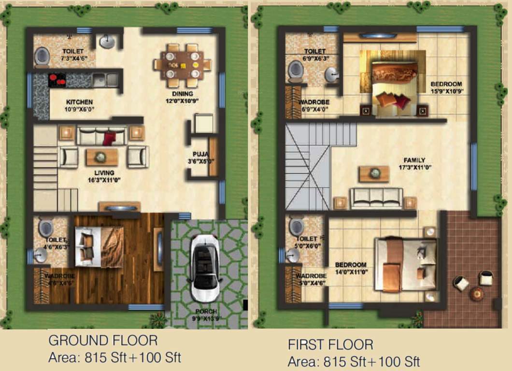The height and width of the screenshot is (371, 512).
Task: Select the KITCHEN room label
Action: coord(79,102)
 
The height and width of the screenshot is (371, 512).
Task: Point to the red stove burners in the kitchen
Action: coord(57,80)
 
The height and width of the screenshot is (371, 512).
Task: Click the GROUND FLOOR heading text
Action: coord(103,341)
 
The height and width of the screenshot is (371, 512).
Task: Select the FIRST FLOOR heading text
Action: coord(330,344)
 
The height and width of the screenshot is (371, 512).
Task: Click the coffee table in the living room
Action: coord(101,157)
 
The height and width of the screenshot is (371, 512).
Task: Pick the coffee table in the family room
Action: coord(374,173)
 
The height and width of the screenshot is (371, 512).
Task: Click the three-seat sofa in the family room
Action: coord(376,198)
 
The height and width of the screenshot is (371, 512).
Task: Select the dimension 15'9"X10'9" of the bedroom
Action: coord(446,91)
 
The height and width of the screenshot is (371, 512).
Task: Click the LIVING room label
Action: coord(104,172)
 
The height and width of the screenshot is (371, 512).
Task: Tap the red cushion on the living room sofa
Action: coord(109,139)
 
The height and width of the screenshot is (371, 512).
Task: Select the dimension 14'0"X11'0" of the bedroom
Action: coord(351,272)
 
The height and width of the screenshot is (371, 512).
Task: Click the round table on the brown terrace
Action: coord(477,293)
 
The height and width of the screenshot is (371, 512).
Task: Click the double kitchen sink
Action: coord(105,80)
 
